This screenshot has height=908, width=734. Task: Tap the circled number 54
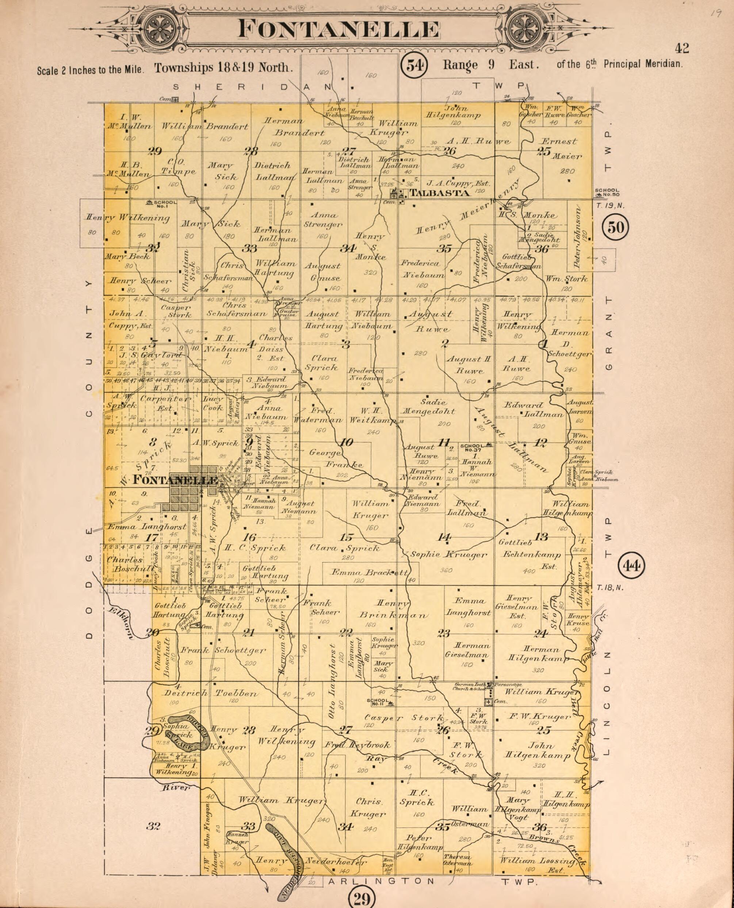[x=414, y=65]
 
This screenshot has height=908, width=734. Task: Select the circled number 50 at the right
[x=615, y=227]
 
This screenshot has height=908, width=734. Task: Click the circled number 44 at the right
[x=631, y=565]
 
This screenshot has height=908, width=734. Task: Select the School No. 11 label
[x=379, y=702]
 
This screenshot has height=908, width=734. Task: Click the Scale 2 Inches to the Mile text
[x=91, y=70]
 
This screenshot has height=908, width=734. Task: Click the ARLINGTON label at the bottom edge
[x=381, y=881]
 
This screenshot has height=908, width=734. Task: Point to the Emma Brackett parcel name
[x=369, y=573]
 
